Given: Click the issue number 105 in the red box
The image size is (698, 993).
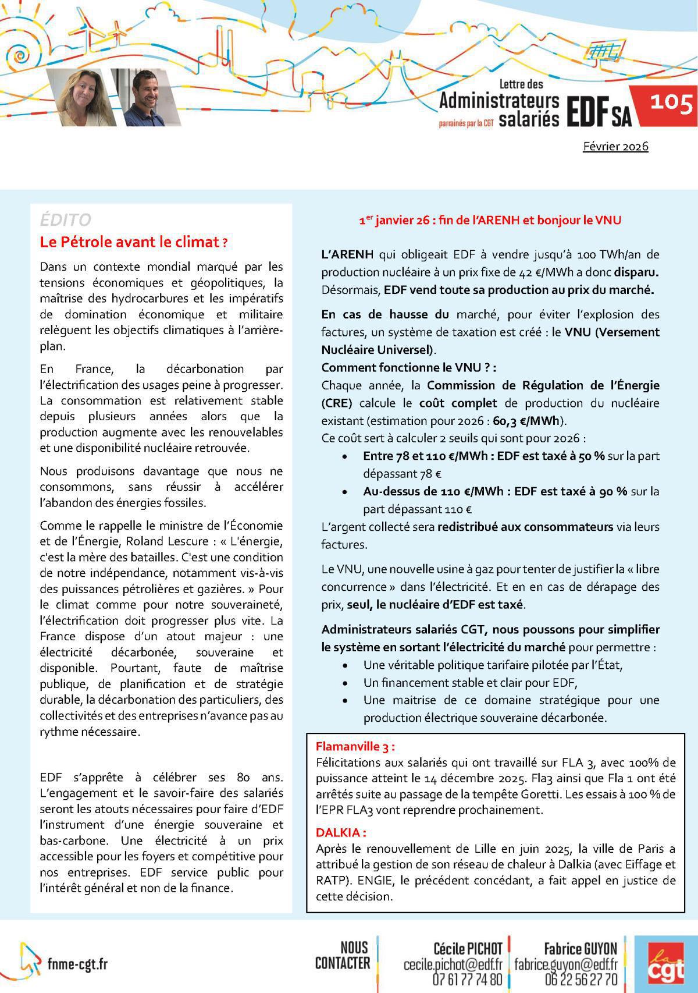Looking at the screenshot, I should click(671, 104).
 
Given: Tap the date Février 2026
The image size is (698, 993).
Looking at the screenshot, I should click(615, 146).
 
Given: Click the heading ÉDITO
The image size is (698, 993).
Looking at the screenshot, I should click(66, 220).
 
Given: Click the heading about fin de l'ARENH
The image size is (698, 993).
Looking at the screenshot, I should click(490, 220).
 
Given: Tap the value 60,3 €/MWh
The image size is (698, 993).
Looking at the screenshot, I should click(530, 421).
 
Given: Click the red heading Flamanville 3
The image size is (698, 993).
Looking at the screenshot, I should click(355, 746).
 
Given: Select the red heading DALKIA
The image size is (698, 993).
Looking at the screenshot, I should click(341, 833).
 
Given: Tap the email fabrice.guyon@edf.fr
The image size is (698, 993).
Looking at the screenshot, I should click(566, 964).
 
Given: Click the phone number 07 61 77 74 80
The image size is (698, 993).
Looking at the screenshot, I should click(468, 980).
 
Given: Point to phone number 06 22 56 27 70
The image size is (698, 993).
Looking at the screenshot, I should click(581, 980).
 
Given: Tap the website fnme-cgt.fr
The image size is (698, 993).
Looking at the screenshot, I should click(77, 964).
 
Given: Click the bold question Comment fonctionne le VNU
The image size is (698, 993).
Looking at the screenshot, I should click(408, 367).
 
